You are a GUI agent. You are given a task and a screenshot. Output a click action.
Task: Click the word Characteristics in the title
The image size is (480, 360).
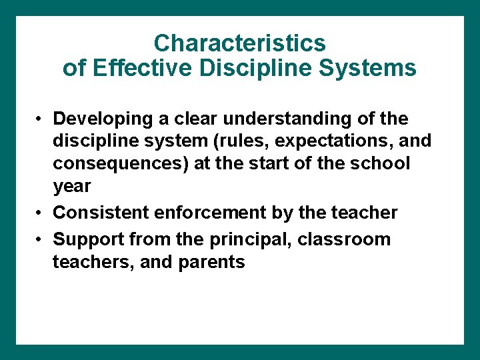click(x=239, y=43)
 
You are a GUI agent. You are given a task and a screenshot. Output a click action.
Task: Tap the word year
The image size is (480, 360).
click(x=71, y=187)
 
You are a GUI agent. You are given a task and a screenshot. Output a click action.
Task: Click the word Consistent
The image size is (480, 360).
click(x=101, y=213)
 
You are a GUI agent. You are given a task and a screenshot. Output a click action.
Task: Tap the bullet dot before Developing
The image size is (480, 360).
click(x=41, y=119)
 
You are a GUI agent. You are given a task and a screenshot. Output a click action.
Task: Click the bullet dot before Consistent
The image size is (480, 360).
click(x=41, y=213)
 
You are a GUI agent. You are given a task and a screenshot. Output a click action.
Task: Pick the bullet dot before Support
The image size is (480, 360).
click(x=41, y=239)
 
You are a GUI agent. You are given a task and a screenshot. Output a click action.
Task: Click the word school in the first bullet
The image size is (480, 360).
click(x=377, y=164)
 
